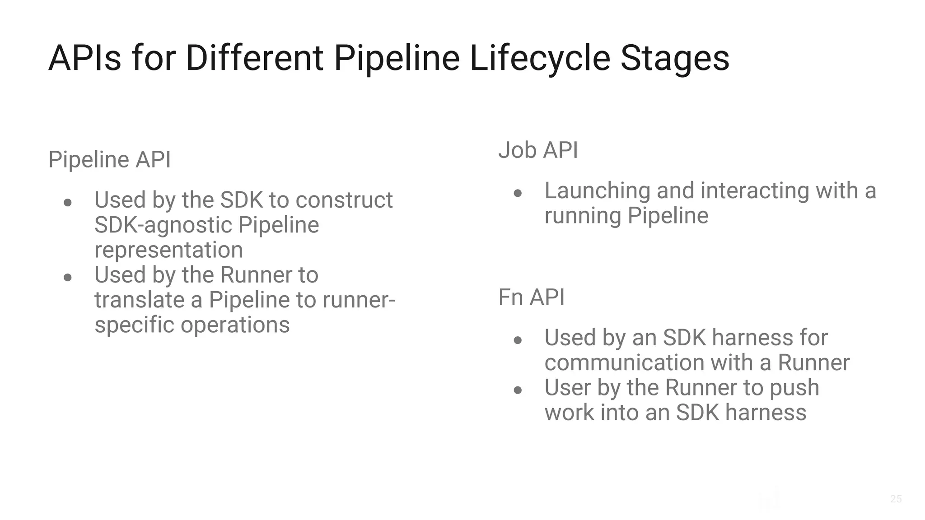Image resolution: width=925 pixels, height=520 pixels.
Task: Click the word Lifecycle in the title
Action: coord(540,58)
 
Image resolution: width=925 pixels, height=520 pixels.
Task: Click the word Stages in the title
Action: coord(675,58)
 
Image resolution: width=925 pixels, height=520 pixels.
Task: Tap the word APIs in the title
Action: coord(85,58)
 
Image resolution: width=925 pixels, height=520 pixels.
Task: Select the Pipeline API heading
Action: coord(110,159)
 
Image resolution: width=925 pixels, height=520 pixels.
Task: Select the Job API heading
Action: coord(538,150)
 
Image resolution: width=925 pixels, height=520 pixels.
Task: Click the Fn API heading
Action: coord(531,297)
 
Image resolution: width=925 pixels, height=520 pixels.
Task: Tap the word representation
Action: coord(168,250)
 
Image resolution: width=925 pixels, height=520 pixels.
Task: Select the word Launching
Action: coord(597,190)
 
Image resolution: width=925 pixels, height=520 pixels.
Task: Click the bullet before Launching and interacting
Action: coord(518,194)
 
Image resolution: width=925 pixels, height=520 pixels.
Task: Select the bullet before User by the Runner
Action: coord(518,390)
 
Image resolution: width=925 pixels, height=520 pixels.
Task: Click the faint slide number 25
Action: coord(896,499)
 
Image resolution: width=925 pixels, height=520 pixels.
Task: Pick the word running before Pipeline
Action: coord(583,216)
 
